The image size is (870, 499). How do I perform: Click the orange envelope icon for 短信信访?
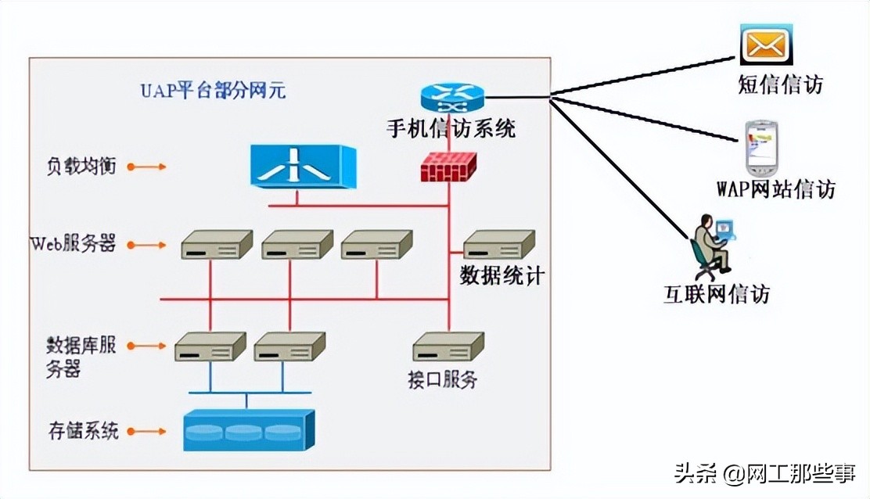pyautogui.click(x=766, y=45)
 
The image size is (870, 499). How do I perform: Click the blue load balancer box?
pyautogui.click(x=303, y=166)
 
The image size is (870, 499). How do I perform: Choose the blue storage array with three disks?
pyautogui.click(x=248, y=430)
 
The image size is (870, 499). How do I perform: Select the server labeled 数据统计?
pyautogui.click(x=498, y=245)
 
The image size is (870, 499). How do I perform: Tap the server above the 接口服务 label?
pyautogui.click(x=448, y=346)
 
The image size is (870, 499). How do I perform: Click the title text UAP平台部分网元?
pyautogui.click(x=213, y=90)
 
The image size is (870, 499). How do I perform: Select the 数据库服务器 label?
pyautogui.click(x=81, y=356)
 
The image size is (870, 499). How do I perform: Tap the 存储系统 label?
pyautogui.click(x=82, y=430)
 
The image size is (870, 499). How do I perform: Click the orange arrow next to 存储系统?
pyautogui.click(x=146, y=431)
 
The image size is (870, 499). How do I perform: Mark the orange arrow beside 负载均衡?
pyautogui.click(x=146, y=167)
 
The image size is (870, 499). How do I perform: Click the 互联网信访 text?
pyautogui.click(x=717, y=294)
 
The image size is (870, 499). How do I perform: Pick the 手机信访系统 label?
pyautogui.click(x=451, y=128)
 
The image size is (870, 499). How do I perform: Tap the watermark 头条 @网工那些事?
pyautogui.click(x=766, y=473)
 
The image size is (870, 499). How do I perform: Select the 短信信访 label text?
pyautogui.click(x=780, y=84)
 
